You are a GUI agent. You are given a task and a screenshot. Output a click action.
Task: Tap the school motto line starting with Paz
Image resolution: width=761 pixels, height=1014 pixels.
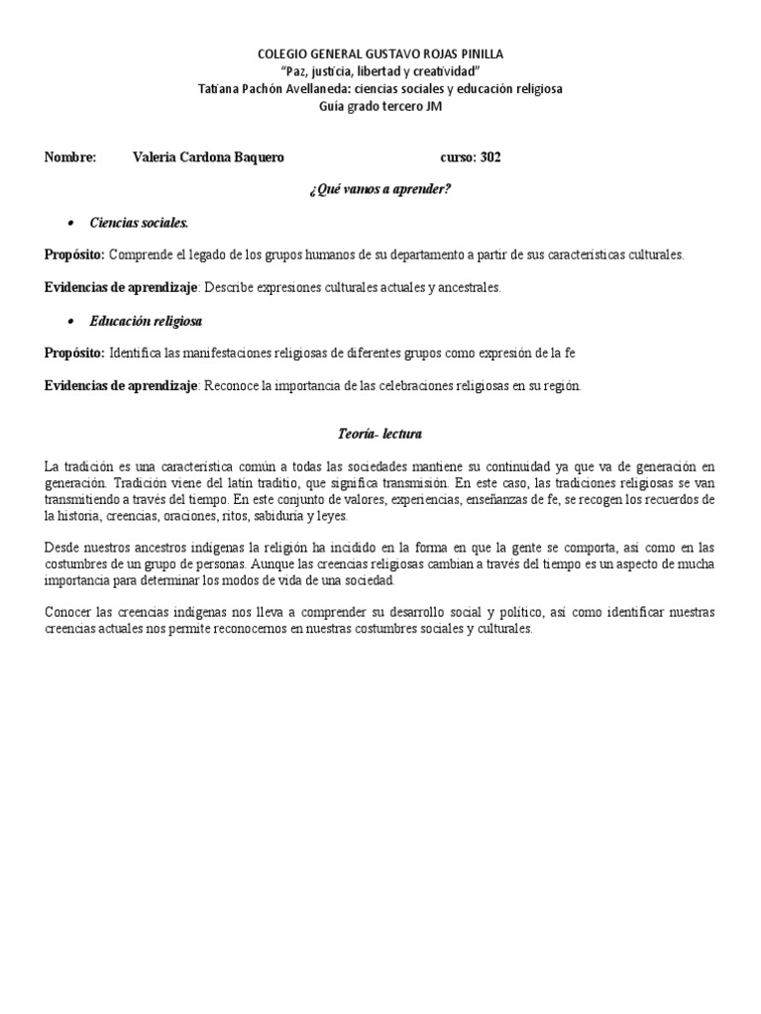pyautogui.click(x=380, y=71)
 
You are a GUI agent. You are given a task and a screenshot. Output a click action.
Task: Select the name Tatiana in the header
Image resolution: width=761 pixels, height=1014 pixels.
pyautogui.click(x=216, y=89)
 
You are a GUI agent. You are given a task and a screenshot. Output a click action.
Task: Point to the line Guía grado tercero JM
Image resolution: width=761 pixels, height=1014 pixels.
pyautogui.click(x=380, y=107)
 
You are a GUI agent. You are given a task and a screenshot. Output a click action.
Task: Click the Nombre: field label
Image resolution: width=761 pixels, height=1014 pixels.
pyautogui.click(x=70, y=157)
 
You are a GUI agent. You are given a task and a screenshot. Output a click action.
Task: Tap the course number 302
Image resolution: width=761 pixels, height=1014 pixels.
pyautogui.click(x=490, y=157)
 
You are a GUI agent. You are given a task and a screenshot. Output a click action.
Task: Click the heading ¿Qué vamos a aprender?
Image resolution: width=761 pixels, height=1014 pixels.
pyautogui.click(x=380, y=189)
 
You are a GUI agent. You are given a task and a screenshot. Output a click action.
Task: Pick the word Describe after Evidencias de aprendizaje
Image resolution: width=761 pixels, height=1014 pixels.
pyautogui.click(x=233, y=288)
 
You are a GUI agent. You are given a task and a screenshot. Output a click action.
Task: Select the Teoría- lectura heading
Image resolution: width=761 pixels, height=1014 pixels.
pyautogui.click(x=380, y=434)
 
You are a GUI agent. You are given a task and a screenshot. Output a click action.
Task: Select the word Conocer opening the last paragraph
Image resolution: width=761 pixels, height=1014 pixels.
pyautogui.click(x=68, y=612)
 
